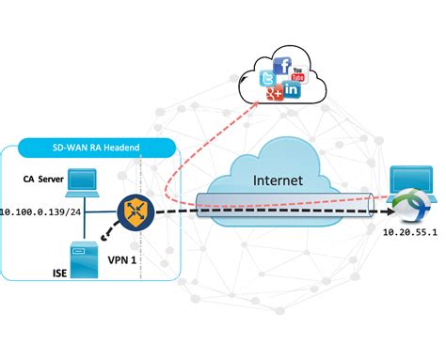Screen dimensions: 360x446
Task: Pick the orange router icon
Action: click(134, 211)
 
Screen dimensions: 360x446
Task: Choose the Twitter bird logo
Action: click(267, 79)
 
